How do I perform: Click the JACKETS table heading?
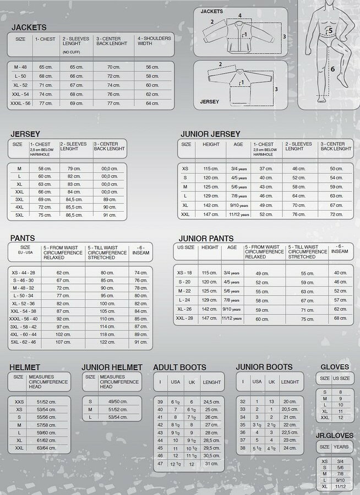tap(29, 27)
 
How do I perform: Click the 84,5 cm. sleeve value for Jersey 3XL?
tap(74, 200)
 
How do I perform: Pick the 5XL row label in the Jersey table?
tap(19, 215)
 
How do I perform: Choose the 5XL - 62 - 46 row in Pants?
tap(24, 342)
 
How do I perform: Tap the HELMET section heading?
tap(25, 367)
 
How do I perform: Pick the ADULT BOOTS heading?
tap(179, 367)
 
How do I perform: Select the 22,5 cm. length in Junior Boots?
tap(290, 432)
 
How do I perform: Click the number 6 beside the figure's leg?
tap(332, 70)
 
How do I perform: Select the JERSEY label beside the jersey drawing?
tap(210, 102)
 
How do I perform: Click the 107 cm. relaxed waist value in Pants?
tap(63, 342)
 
